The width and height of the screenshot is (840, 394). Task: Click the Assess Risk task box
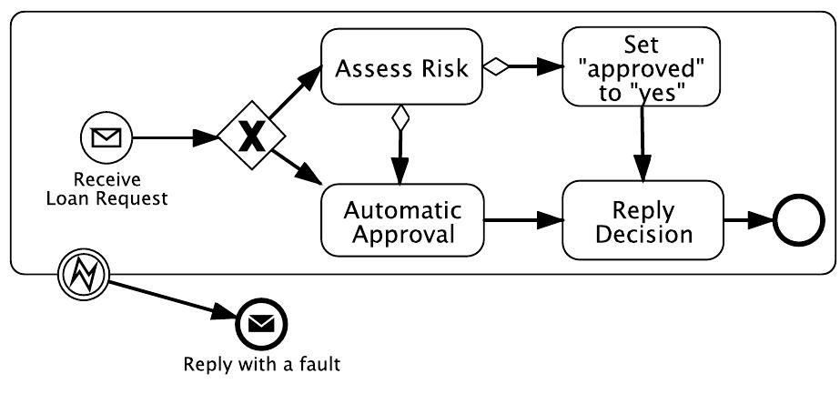coord(400,68)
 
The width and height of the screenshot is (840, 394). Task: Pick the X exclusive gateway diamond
coord(251,139)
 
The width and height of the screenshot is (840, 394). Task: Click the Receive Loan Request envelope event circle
coord(107,139)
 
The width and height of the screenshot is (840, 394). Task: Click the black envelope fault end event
coord(262,323)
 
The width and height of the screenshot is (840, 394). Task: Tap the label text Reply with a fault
coord(262,366)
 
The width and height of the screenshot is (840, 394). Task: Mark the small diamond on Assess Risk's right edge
coord(495,66)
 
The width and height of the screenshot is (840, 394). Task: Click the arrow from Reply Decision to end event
coord(746,222)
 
